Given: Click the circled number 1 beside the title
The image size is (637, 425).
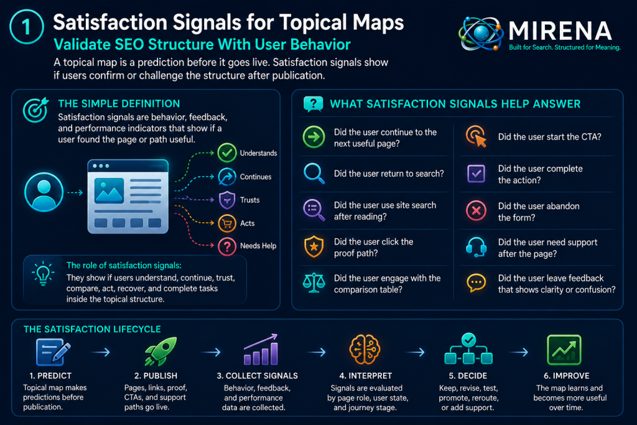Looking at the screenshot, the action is (26, 27).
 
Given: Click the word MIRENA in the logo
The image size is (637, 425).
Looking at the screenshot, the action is (560, 31).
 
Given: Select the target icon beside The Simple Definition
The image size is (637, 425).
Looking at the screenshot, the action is (35, 110).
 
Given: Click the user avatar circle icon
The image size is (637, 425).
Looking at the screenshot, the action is (44, 192).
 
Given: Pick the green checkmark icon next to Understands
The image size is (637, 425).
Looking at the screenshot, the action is (226, 153).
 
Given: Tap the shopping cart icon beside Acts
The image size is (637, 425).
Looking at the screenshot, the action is (227, 223).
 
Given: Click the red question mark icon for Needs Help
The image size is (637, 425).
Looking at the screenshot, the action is (227, 246).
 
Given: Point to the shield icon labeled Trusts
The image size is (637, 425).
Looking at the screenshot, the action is (227, 200).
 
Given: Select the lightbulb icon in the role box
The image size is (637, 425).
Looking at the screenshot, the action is (43, 273).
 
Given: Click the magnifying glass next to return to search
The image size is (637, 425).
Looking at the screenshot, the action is (314, 174).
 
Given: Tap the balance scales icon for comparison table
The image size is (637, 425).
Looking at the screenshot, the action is (314, 283).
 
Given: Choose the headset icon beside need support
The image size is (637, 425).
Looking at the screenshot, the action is (476, 247).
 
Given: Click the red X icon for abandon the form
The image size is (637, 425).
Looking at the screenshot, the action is (476, 210).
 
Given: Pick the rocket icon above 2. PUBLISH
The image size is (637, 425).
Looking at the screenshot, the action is (161, 351).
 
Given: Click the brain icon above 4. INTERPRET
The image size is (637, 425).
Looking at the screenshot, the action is (365, 350).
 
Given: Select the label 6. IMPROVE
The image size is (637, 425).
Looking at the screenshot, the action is (566, 376).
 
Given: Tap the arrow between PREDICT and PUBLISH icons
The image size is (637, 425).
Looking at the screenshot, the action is (101, 352).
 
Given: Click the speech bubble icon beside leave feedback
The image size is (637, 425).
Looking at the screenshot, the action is (476, 283).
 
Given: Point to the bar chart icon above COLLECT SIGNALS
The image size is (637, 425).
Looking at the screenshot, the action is (261, 350).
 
